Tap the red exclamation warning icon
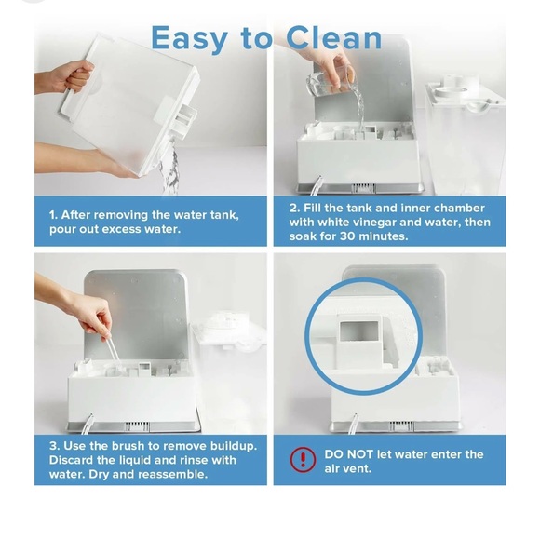tap(303, 459)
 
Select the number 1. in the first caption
tap(53, 214)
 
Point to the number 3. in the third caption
tap(54, 445)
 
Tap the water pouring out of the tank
tap(169, 172)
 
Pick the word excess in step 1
tap(125, 229)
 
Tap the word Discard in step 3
tap(74, 460)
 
